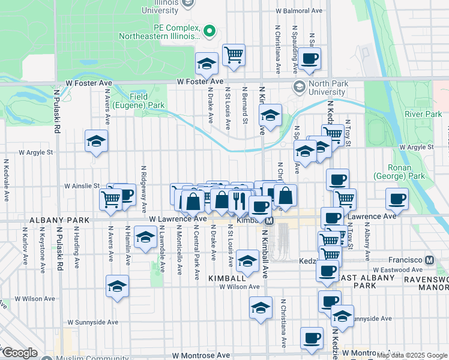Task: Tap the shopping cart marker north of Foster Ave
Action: pyautogui.click(x=234, y=55)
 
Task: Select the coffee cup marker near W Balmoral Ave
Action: pyautogui.click(x=310, y=58)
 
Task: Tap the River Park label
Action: pyautogui.click(x=423, y=114)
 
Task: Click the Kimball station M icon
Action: pyautogui.click(x=269, y=221)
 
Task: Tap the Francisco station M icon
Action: pyautogui.click(x=429, y=260)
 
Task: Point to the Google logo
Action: pyautogui.click(x=19, y=353)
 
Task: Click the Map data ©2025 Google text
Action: pyautogui.click(x=411, y=355)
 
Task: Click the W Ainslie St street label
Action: pyautogui.click(x=82, y=186)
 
